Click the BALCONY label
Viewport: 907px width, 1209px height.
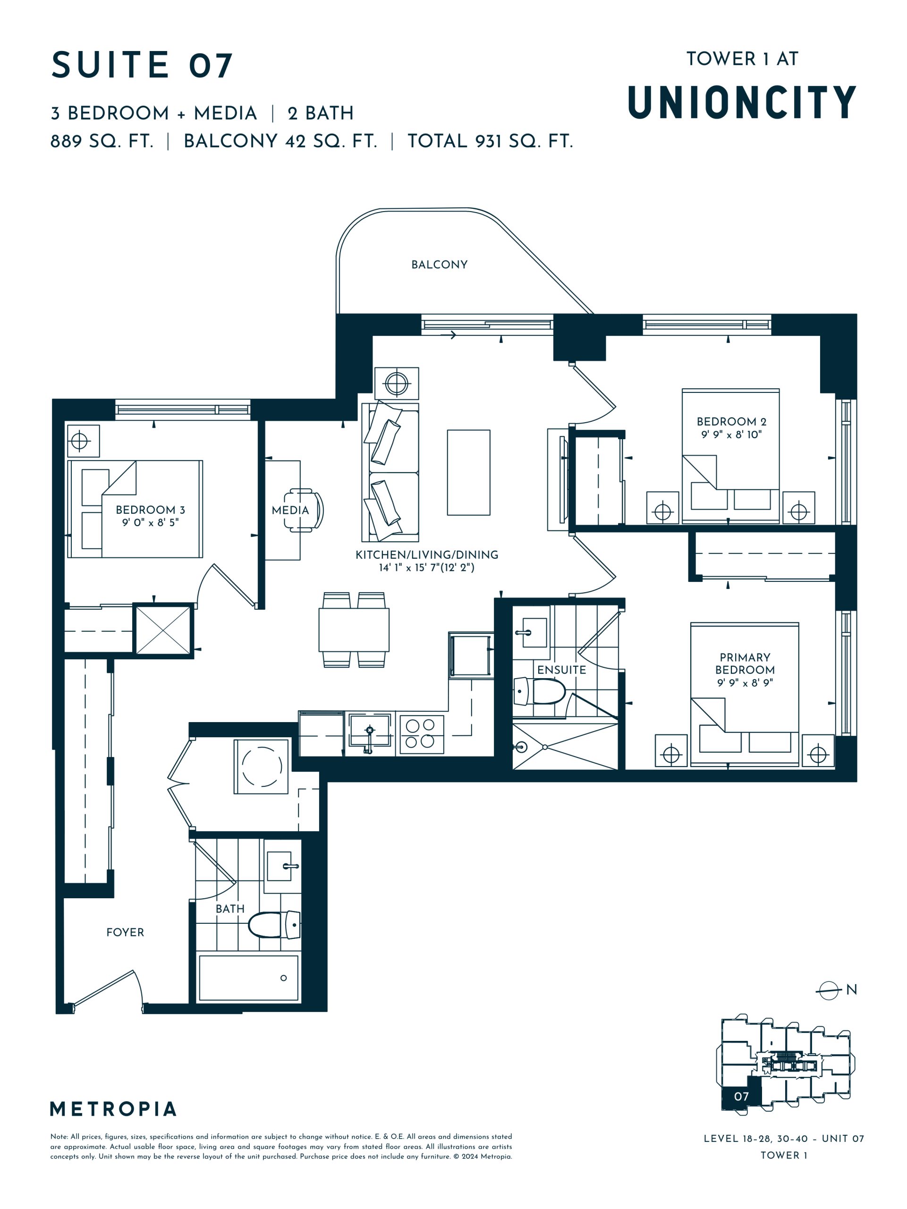coord(439,264)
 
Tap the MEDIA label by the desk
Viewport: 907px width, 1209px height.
coord(290,510)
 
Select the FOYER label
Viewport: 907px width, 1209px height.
coord(125,932)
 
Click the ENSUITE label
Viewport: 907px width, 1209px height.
coord(561,670)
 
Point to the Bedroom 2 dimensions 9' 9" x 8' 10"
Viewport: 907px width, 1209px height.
coord(731,434)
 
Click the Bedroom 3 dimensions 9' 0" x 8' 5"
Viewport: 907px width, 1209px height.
coord(150,522)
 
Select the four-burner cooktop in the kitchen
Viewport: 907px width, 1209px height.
coord(421,733)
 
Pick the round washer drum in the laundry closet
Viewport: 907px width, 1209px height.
coord(262,766)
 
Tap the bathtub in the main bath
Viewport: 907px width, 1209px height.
coord(249,978)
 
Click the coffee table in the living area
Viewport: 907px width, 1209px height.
coord(468,472)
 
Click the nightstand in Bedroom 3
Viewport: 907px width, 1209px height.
coord(84,441)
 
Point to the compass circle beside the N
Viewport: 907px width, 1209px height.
coord(828,990)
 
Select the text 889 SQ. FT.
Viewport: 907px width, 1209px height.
coord(102,141)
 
